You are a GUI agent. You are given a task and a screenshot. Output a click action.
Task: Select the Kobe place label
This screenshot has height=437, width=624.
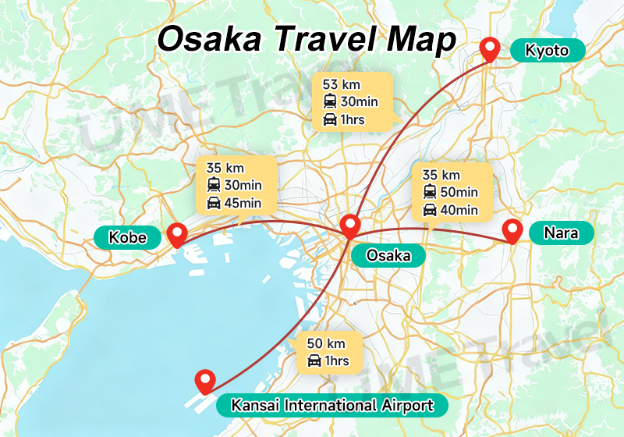[x=128, y=236]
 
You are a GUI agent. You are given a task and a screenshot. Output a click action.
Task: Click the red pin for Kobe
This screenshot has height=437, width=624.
[x=177, y=234]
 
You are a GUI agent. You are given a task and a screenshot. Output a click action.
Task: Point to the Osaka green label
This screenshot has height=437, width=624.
[x=388, y=255]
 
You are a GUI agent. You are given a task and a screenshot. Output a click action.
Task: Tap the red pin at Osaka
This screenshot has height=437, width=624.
[x=350, y=226]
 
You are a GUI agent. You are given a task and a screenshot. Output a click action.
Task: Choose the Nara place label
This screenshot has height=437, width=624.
[x=561, y=233]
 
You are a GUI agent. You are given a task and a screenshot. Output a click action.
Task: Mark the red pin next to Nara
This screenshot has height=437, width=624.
[x=512, y=230]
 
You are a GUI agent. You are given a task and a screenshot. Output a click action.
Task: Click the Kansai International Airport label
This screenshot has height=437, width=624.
[x=331, y=405]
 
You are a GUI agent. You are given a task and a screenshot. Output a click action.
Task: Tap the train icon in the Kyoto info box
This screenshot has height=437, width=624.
[x=330, y=101]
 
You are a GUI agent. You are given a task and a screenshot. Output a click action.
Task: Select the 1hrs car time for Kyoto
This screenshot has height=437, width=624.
[x=352, y=120]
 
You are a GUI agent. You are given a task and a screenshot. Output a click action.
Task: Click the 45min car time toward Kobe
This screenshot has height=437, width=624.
[x=243, y=204]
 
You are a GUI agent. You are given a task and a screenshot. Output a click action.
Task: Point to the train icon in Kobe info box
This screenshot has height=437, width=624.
[x=213, y=186]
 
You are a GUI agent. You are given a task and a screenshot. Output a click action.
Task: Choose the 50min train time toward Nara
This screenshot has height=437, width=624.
[x=459, y=192]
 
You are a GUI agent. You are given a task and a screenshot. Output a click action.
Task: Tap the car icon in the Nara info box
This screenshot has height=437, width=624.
[x=430, y=210]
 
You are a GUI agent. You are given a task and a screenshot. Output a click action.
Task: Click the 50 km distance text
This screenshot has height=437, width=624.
[x=326, y=343]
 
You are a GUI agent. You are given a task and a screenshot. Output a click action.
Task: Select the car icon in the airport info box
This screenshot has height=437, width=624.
[x=314, y=361]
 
